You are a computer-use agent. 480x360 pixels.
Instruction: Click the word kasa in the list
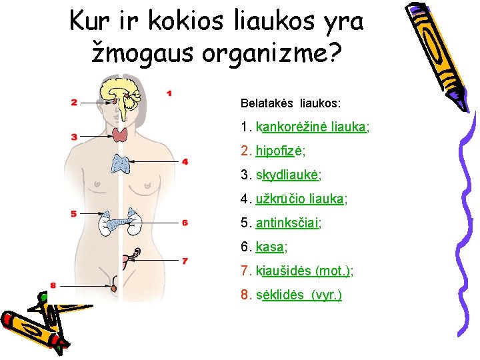coord(270,247)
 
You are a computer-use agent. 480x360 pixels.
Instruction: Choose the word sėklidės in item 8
coord(280,295)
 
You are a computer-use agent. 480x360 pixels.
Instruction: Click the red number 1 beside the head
coord(169,94)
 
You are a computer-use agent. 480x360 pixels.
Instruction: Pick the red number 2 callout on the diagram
coord(74,103)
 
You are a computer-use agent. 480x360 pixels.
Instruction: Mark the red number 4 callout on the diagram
coord(185,162)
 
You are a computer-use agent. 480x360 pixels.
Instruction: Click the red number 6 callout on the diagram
coord(185,223)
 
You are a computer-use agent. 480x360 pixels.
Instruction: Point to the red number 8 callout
coord(53,285)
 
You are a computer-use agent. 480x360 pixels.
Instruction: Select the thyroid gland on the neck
coord(121,135)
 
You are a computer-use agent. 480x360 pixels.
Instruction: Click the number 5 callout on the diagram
coord(74,213)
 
